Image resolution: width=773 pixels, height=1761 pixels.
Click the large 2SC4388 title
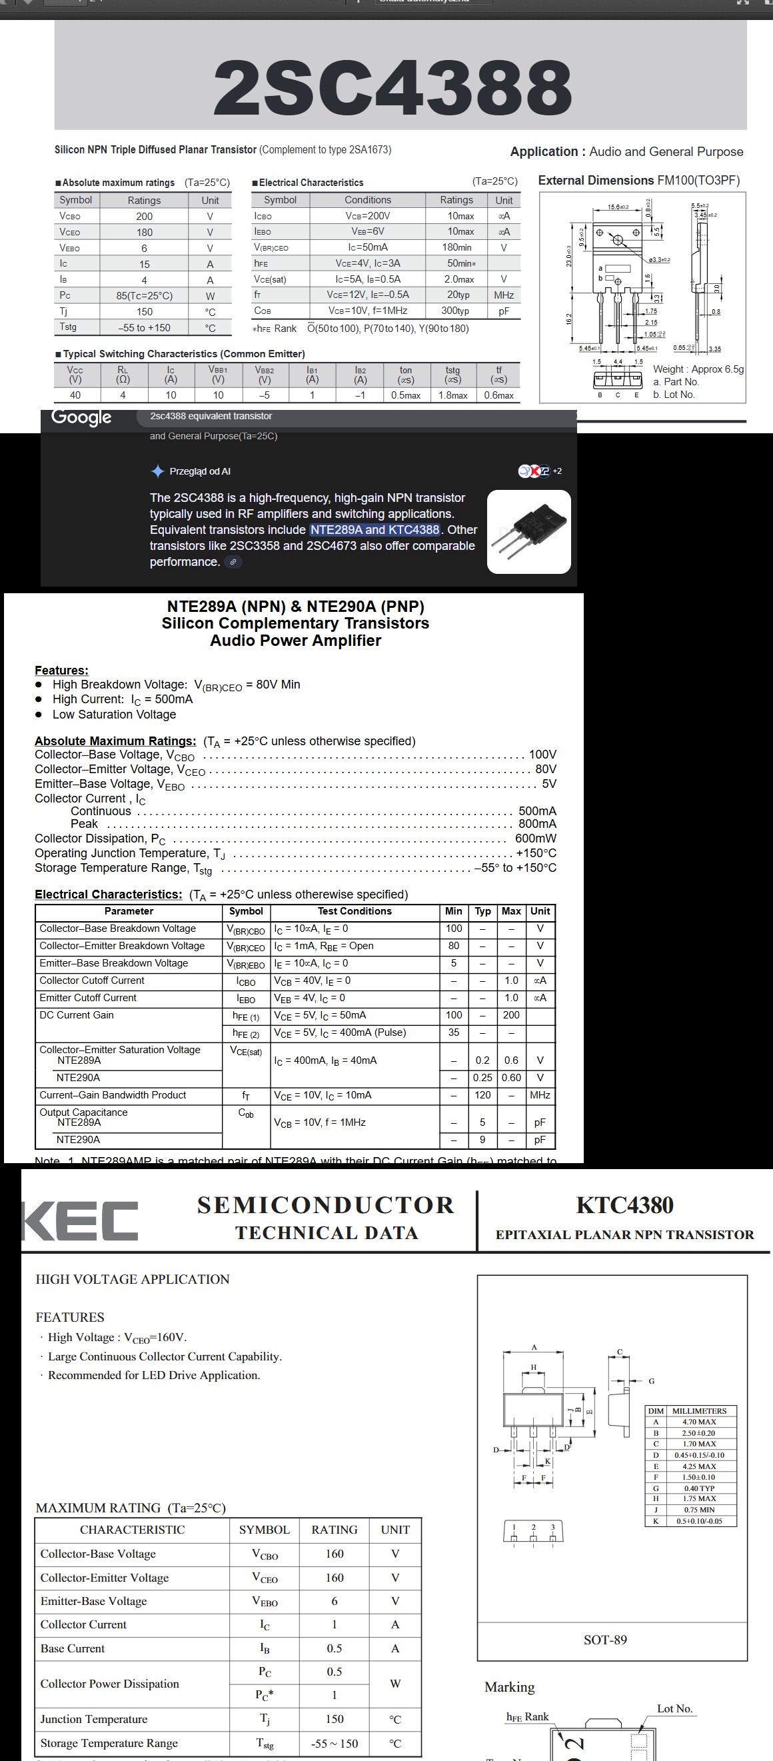(392, 87)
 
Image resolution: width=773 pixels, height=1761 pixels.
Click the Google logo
(81, 417)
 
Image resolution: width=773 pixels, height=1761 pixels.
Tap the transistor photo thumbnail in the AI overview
(528, 532)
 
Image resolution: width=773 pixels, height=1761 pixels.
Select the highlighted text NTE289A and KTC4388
(375, 530)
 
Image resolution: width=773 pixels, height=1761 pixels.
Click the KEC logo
(81, 1220)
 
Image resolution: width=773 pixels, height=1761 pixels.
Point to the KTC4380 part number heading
(624, 1205)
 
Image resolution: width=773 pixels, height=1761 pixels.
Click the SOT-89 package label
(605, 1639)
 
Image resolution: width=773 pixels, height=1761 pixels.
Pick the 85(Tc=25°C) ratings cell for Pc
(144, 296)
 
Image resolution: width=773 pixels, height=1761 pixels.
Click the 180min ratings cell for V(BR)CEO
(456, 247)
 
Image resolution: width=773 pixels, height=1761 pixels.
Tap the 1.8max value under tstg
(452, 395)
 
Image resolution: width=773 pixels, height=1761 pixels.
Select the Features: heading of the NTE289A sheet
(61, 670)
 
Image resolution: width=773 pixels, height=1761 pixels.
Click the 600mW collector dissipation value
(535, 838)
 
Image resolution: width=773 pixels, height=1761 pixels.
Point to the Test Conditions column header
(354, 911)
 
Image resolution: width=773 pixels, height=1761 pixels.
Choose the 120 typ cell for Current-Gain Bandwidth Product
(482, 1095)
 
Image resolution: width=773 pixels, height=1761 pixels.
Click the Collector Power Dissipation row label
(109, 1683)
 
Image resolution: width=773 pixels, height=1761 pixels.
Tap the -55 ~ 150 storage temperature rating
(335, 1742)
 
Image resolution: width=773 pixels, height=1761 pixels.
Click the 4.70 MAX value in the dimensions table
(698, 1422)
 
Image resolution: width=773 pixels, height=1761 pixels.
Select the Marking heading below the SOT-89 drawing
(509, 1687)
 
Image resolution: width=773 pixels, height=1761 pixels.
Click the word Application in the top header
(544, 152)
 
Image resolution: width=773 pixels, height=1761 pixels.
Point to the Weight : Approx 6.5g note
(698, 369)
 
